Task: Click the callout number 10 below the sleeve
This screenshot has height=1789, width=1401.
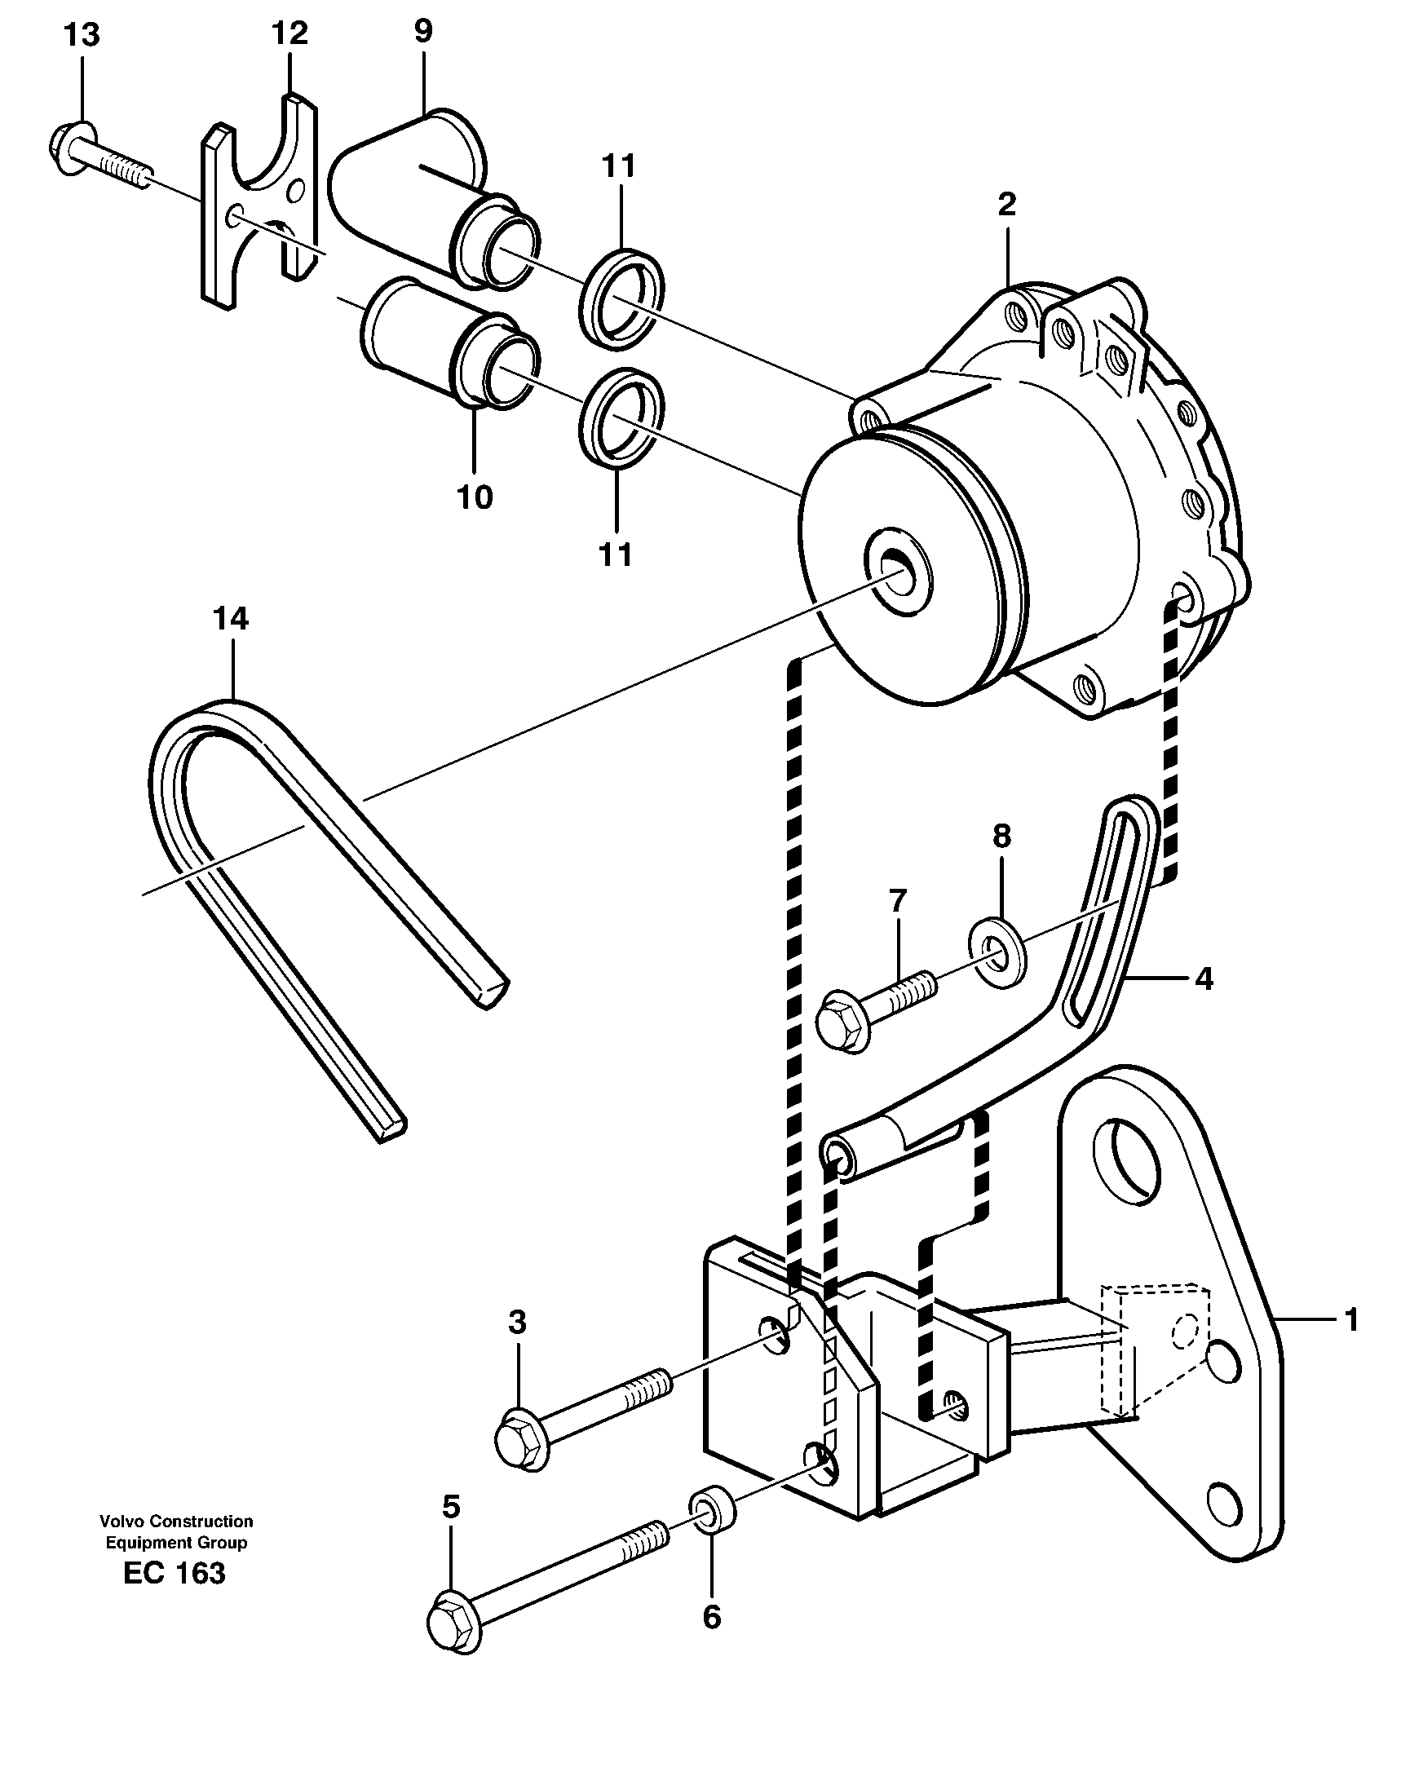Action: (x=474, y=497)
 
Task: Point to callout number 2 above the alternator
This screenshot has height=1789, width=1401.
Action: (x=1006, y=203)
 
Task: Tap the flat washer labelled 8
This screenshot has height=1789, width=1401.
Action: (x=997, y=952)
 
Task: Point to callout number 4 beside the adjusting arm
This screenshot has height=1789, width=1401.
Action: (x=1203, y=978)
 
